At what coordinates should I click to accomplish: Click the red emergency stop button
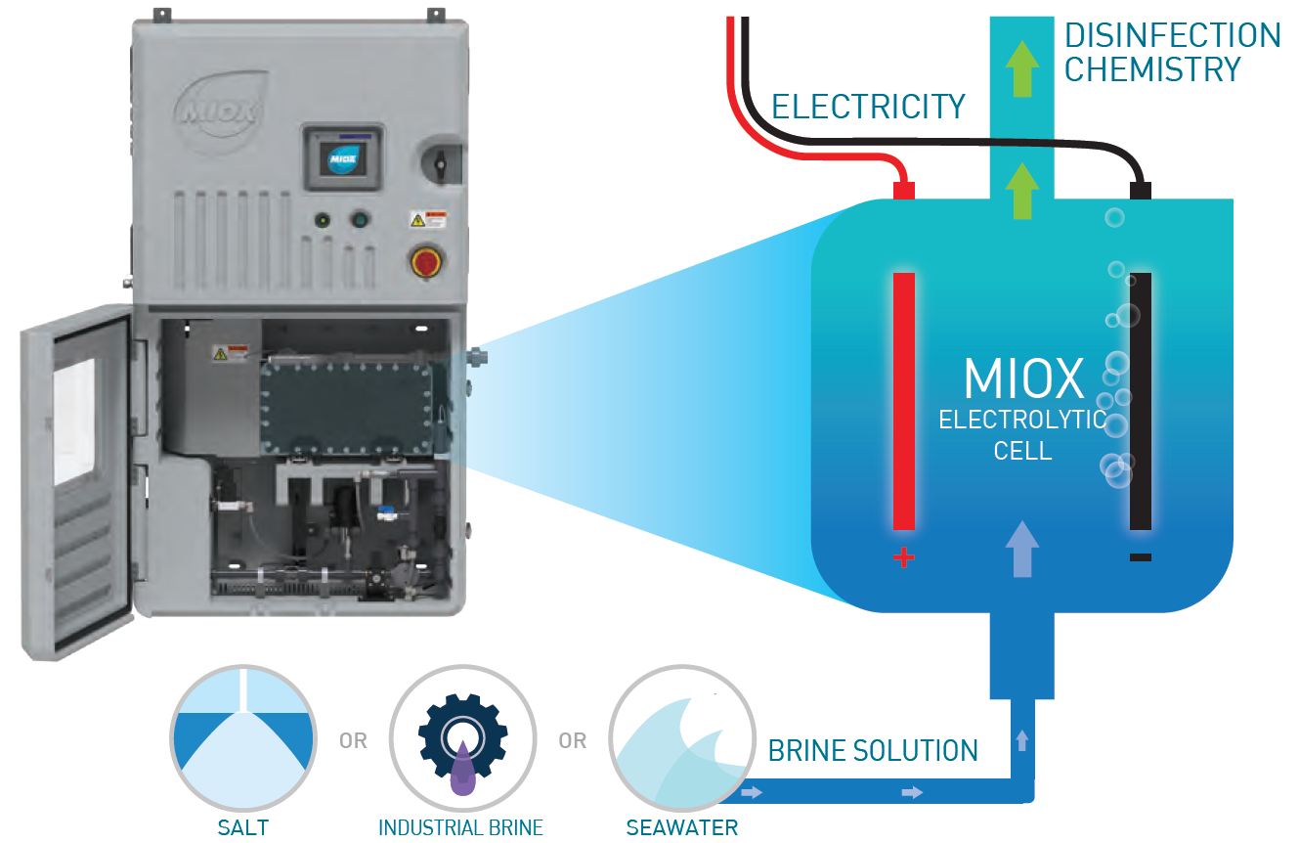(x=427, y=262)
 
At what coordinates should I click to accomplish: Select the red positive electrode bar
(x=904, y=400)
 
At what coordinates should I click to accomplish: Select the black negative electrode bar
(x=1140, y=401)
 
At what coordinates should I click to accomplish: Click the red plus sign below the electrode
(x=904, y=558)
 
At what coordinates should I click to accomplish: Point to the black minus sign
(x=1140, y=557)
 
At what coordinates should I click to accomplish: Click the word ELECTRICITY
(x=868, y=106)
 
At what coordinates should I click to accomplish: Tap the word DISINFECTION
(x=1172, y=36)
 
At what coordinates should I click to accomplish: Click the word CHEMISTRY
(x=1152, y=70)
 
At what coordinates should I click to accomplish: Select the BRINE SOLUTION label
(x=873, y=751)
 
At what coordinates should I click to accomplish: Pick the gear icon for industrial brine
(x=461, y=738)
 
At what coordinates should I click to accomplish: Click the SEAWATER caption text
(x=681, y=827)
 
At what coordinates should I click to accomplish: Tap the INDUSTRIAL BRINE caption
(x=460, y=827)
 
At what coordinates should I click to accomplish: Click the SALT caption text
(x=242, y=827)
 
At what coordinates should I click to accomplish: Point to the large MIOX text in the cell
(x=1023, y=378)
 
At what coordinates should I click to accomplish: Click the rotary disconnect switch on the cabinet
(x=439, y=159)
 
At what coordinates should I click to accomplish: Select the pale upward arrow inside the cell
(x=1022, y=548)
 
